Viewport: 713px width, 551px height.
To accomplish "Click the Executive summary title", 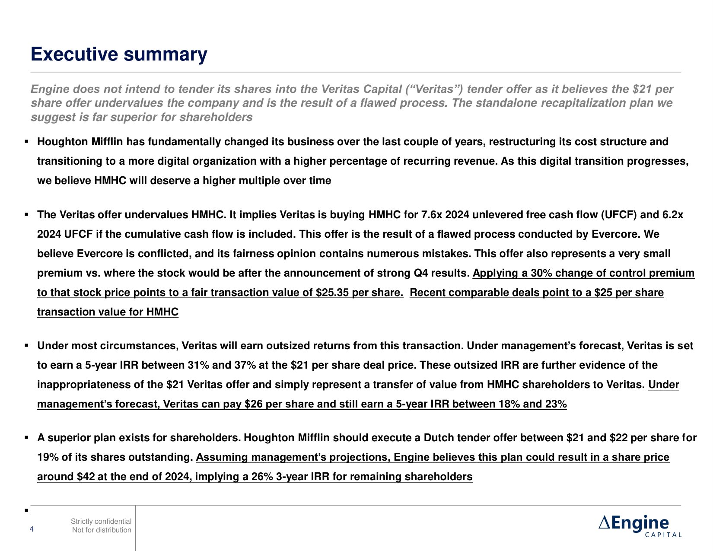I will (x=119, y=55).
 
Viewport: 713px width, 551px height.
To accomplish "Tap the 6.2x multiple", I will (x=673, y=215).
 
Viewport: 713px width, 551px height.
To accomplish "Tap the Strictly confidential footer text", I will (x=101, y=522).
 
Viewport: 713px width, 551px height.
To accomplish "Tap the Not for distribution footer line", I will (x=102, y=530).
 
